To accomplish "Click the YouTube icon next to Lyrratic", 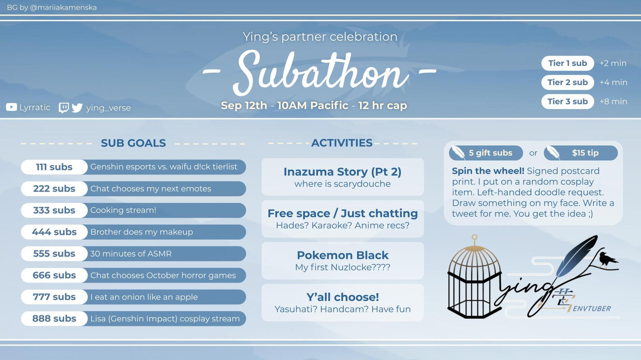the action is coord(11,107).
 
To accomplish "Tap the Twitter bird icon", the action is coord(77,108).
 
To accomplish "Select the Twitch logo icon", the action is coord(64,108).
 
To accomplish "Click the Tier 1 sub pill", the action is coord(568,63).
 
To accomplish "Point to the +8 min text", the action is coord(613,102).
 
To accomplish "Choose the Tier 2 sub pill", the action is coord(568,82).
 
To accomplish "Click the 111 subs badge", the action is coord(54,167).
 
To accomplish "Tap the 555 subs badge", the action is coord(54,254).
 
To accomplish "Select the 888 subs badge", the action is coord(54,319).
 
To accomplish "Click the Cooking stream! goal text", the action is coord(123,210).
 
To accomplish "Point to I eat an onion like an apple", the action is coord(144,297).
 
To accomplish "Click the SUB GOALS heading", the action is coord(133,143).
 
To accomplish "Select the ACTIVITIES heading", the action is coord(342,143).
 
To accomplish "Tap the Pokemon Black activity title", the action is coord(343,255).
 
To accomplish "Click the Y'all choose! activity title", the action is coord(343,297).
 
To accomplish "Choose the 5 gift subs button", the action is coord(486,153).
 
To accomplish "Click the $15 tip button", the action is coord(581,153).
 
